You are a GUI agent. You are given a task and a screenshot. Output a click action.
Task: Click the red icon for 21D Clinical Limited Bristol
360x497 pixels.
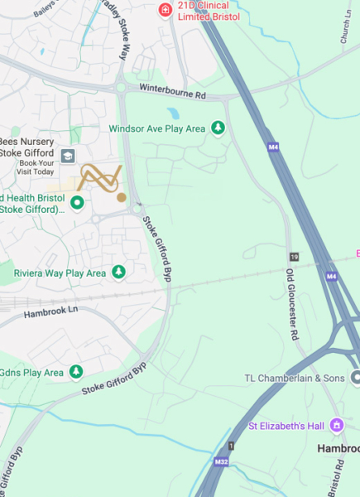(166, 9)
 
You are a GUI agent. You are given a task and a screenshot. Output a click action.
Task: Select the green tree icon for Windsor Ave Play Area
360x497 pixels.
(218, 128)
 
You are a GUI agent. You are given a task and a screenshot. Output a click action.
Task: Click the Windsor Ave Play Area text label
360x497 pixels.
(156, 128)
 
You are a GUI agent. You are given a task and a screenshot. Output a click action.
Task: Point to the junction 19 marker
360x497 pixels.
(294, 258)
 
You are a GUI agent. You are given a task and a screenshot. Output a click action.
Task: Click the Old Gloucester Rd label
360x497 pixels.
(291, 305)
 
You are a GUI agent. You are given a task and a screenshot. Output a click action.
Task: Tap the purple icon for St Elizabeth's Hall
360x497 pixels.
(335, 426)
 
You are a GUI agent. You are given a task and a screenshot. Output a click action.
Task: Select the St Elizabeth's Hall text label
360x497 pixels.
(286, 427)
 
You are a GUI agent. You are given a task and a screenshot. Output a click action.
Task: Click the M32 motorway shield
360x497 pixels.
(221, 461)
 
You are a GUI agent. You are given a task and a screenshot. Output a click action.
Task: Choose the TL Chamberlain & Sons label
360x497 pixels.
(294, 379)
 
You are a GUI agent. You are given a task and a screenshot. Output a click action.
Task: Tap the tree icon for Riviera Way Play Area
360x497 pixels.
(119, 272)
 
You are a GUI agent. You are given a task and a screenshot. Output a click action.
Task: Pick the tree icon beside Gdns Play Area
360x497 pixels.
(77, 372)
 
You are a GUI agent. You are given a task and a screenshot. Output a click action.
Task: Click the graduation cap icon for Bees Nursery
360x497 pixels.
(67, 156)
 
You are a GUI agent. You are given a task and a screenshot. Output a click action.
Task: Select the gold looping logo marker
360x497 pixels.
(100, 180)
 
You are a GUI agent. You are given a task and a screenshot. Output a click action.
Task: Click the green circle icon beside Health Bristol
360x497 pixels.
(77, 202)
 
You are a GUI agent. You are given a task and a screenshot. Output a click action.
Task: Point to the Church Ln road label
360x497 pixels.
(342, 27)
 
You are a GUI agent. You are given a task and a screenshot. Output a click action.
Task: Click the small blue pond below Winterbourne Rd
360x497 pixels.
(172, 113)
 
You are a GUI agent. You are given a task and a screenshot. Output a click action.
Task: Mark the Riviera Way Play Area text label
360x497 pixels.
(60, 273)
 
